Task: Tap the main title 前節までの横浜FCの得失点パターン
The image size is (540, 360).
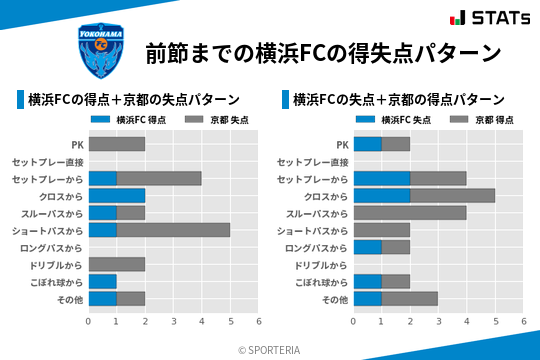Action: coord(322,52)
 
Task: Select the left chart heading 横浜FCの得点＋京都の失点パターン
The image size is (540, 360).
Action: coord(134,100)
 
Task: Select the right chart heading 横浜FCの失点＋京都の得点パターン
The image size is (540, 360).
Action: coord(398,100)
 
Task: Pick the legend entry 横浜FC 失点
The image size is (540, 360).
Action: coord(393,120)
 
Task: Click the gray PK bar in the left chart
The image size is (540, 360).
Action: coord(117,144)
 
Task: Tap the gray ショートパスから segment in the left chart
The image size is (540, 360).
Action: coord(173,230)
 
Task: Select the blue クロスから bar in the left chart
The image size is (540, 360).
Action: coord(117,195)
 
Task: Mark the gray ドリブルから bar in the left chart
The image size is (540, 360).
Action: coord(117,264)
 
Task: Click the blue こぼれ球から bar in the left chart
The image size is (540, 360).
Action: coord(103,281)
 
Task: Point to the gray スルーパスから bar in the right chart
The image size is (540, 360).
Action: coord(410,213)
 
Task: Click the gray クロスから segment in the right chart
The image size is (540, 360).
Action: coord(452,195)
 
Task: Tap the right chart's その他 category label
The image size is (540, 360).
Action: coord(334,299)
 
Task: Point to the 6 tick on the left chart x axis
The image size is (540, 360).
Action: coord(259,321)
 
